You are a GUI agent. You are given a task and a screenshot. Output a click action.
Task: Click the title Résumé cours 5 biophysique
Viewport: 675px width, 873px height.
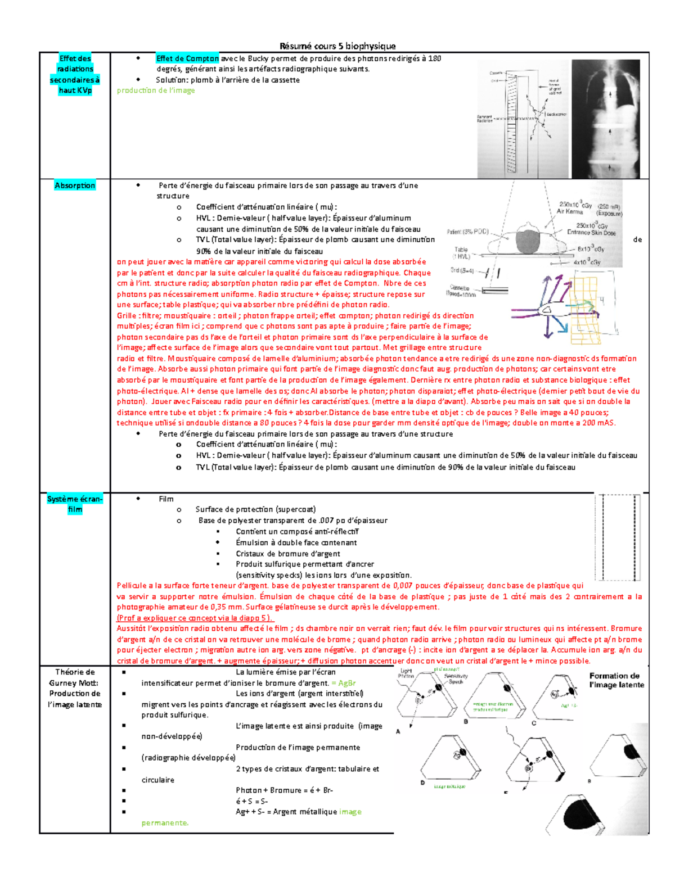coord(337,46)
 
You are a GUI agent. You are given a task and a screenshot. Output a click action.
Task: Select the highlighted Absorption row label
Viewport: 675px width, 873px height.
coord(75,186)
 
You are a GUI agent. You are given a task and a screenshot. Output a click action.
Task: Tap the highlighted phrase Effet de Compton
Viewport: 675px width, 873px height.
coord(187,58)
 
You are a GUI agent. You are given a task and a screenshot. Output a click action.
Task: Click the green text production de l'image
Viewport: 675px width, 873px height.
coord(156,91)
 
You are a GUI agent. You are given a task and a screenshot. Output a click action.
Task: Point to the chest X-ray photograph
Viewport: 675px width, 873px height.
coord(610,119)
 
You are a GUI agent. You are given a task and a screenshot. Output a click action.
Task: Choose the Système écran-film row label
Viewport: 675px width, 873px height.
coord(75,504)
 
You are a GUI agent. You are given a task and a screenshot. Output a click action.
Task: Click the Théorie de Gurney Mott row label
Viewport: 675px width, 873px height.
coord(75,688)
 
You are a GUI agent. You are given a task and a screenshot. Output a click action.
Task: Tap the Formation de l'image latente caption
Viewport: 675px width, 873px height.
coord(616,680)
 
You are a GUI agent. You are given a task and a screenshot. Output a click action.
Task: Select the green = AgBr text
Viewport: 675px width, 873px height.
coord(344,683)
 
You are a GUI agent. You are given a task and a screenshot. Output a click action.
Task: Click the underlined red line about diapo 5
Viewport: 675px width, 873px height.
coord(195,618)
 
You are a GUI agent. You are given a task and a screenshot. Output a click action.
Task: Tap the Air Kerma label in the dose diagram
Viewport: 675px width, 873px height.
coord(569,212)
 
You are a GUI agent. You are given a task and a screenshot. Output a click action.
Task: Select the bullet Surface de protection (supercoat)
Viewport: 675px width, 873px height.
coord(255,509)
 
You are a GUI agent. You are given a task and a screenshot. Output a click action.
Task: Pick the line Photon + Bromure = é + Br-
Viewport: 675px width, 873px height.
coord(284,790)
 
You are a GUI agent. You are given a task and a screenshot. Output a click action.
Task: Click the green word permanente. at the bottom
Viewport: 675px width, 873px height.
coord(165,823)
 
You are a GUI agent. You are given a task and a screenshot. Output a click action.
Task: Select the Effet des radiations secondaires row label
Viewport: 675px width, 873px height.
coord(75,74)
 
